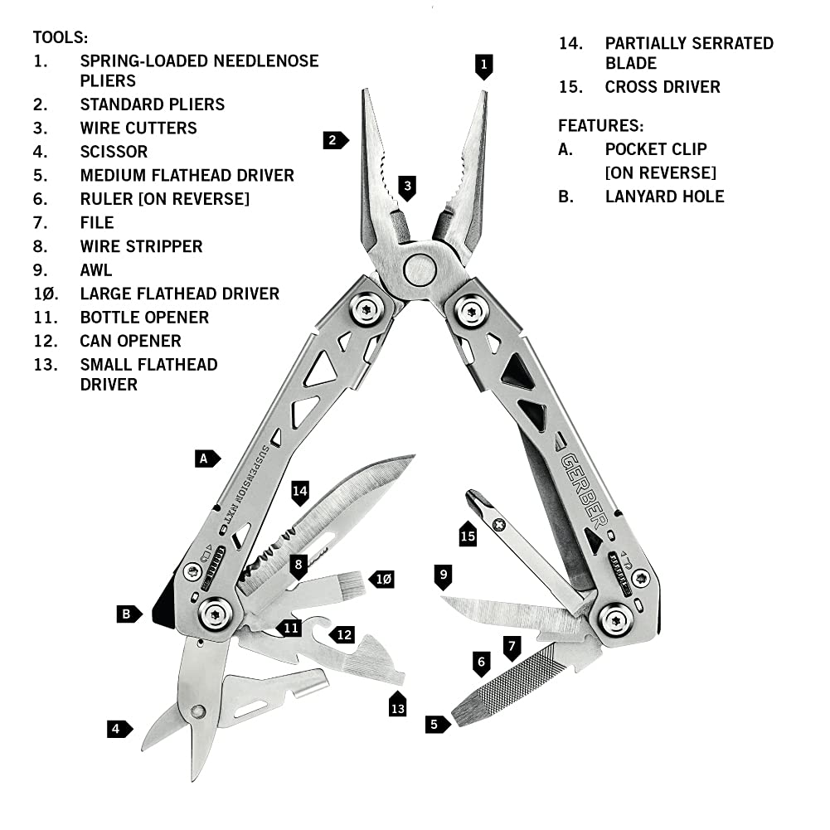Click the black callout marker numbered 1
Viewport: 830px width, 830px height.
[x=484, y=65]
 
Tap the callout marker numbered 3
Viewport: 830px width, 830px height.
[x=406, y=187]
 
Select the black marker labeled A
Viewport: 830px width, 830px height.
[x=206, y=458]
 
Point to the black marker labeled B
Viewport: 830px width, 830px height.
[x=128, y=614]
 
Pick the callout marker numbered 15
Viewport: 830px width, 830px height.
[x=468, y=536]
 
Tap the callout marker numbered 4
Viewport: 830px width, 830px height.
[x=119, y=730]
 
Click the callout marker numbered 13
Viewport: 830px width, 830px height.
[x=397, y=705]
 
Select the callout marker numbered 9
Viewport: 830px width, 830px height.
[x=444, y=575]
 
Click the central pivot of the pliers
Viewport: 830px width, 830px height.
[x=419, y=269]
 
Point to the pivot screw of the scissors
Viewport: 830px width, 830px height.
[x=197, y=711]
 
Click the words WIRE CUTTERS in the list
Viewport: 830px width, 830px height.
[x=138, y=128]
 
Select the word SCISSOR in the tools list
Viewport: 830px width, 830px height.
[x=114, y=152]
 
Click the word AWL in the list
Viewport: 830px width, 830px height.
[x=96, y=269]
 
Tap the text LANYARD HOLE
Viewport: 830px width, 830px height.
[x=664, y=197]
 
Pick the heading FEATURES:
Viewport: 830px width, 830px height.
[x=600, y=126]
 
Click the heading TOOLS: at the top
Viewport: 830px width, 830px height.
[x=60, y=37]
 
